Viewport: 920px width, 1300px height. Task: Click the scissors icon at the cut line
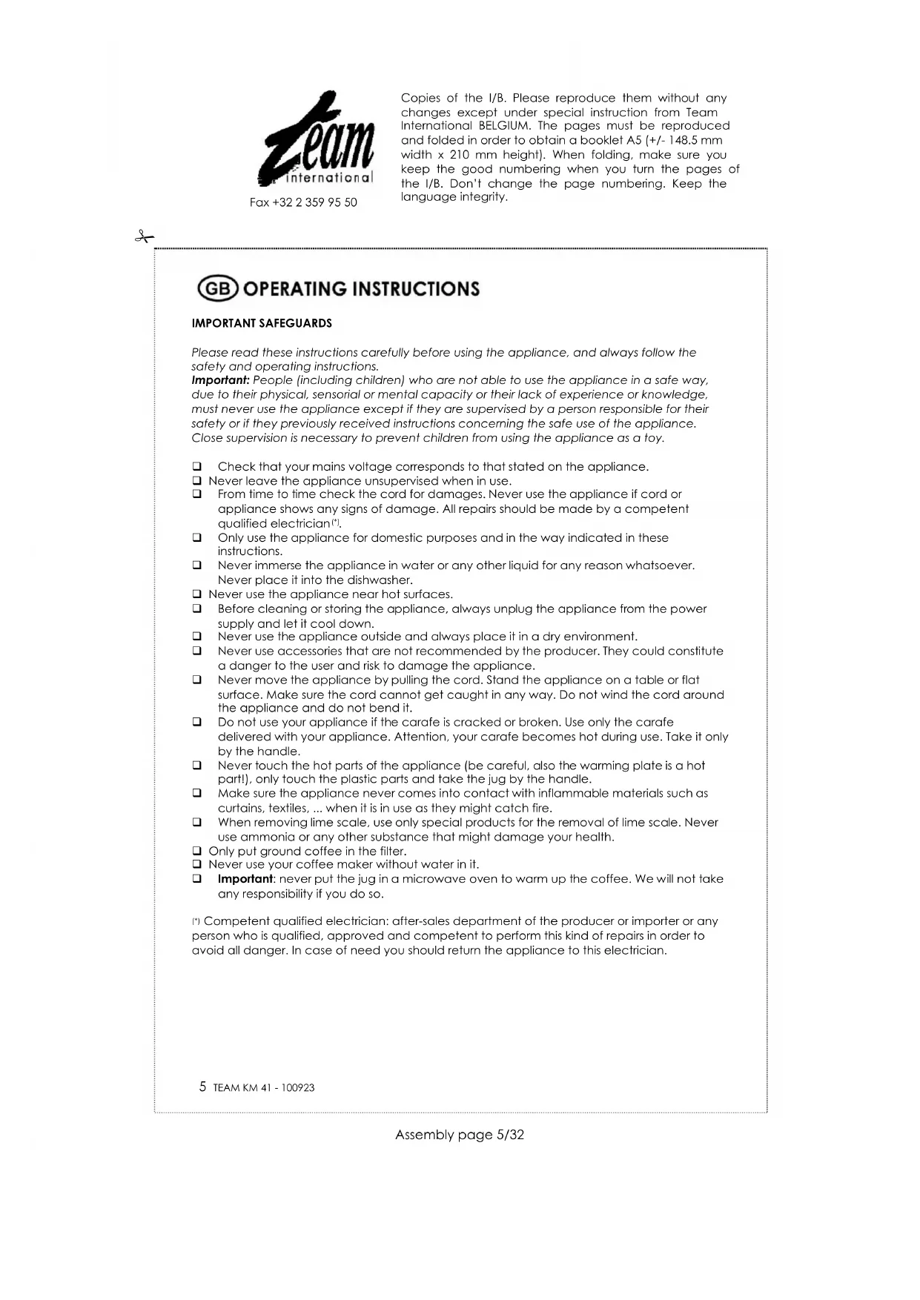(x=144, y=237)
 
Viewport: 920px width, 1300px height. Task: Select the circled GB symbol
(x=218, y=288)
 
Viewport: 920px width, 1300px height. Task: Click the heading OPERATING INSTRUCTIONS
(x=361, y=288)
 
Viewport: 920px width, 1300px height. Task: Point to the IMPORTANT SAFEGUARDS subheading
(x=262, y=323)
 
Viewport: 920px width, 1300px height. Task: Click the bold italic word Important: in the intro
(x=220, y=380)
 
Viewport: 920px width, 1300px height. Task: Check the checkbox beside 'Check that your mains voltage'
(x=197, y=467)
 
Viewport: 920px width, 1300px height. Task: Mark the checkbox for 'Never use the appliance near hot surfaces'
(x=197, y=594)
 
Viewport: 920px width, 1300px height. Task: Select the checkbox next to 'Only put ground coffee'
(x=197, y=851)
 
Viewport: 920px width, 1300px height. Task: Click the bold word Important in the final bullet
(x=245, y=879)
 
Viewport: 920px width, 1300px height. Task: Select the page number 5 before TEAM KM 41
(x=202, y=1087)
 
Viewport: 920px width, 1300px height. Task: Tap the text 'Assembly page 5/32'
(x=460, y=1135)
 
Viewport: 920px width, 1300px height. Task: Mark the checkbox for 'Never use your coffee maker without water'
(x=197, y=864)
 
